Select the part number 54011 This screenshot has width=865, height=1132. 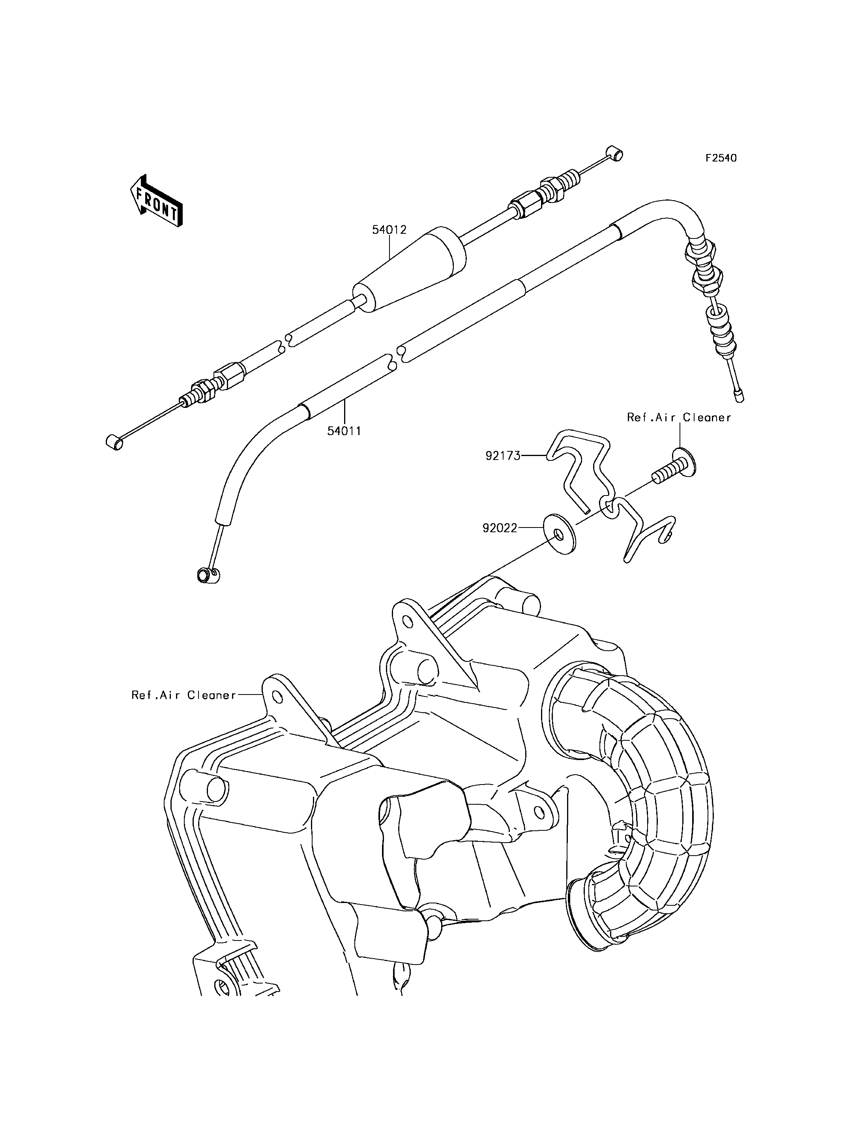coord(344,431)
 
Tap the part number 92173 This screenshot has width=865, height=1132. coord(503,456)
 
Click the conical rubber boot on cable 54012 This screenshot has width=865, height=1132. coord(410,268)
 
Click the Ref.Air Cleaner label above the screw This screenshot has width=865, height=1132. coord(679,418)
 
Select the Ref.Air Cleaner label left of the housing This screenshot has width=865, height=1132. coord(184,695)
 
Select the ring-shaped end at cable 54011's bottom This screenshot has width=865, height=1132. coord(208,574)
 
